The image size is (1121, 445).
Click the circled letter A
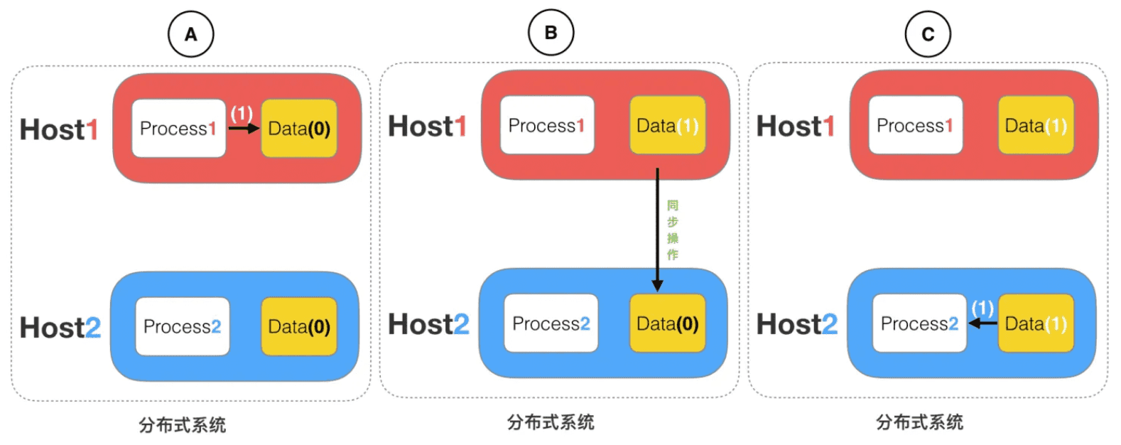tap(190, 34)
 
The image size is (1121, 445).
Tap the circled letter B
tap(551, 33)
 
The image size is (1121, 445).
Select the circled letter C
tap(927, 34)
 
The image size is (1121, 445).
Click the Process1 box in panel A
tap(178, 129)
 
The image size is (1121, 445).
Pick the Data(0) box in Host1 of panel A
tap(299, 129)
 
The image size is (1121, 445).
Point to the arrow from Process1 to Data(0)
tap(244, 129)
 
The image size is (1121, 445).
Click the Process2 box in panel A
tap(182, 326)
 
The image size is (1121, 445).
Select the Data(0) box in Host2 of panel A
tap(299, 326)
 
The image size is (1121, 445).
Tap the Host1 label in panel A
tap(59, 130)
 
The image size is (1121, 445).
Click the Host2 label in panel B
tap(428, 324)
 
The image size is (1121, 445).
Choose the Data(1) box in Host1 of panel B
tap(667, 126)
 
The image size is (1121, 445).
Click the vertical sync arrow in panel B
tap(657, 227)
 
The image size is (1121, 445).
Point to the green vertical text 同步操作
tap(673, 230)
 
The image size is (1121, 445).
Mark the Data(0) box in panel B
tap(667, 323)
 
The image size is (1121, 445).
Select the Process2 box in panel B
tap(551, 323)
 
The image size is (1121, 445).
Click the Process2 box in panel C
tap(919, 323)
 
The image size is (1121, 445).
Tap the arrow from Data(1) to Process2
tap(983, 323)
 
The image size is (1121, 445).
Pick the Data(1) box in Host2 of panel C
tap(1036, 323)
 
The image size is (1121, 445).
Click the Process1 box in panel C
tap(915, 126)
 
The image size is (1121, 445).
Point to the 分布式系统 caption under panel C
tap(919, 422)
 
